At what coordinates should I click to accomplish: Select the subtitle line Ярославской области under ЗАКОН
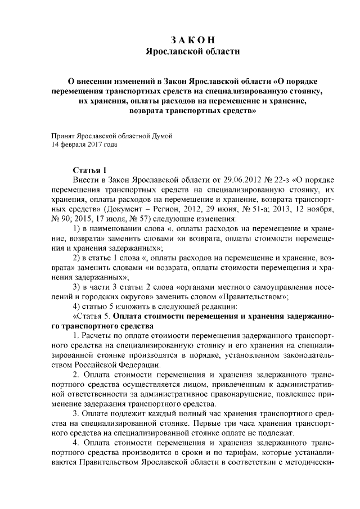(192, 52)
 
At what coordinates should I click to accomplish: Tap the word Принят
(62, 136)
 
